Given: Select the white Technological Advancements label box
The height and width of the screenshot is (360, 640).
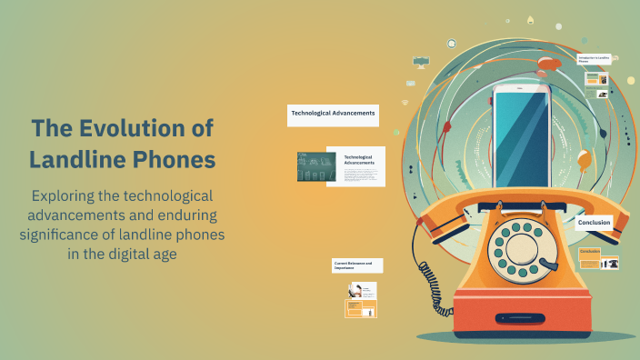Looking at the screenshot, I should (x=333, y=115).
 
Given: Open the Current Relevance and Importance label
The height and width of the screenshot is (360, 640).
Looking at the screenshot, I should (x=357, y=265).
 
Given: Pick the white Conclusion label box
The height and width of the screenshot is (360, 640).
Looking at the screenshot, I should (x=595, y=222).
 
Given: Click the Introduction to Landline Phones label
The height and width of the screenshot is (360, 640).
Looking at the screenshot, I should (x=595, y=60).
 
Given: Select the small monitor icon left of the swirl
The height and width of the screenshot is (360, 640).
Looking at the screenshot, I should (x=420, y=61).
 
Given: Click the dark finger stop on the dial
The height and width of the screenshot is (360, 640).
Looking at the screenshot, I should (x=547, y=265).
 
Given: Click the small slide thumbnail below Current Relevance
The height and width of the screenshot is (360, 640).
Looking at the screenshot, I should (x=361, y=300).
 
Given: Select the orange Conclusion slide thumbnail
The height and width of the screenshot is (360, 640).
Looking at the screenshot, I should (x=589, y=257).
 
